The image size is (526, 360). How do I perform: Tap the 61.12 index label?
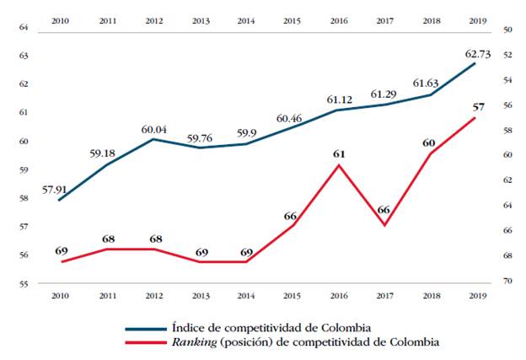[x=337, y=99]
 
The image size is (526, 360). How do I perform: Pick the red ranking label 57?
[x=479, y=107]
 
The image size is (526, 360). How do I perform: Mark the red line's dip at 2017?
[x=384, y=225]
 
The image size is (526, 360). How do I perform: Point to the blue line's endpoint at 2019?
[x=475, y=63]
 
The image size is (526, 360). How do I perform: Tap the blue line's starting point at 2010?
[x=59, y=200]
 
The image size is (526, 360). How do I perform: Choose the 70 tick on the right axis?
[x=508, y=281]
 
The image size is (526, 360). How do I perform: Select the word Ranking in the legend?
[x=194, y=342]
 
